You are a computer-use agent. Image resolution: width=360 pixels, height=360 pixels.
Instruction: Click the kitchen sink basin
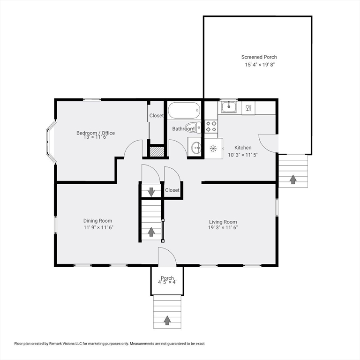coord(229,107)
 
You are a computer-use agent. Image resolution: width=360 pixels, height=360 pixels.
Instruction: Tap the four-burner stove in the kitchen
coord(211,126)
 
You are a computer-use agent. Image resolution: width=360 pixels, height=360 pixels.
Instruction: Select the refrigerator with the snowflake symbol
coord(213,149)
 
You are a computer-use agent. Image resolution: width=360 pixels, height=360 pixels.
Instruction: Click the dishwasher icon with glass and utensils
coord(248,108)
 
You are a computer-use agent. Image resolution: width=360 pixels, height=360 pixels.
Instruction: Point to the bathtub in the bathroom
coord(184,111)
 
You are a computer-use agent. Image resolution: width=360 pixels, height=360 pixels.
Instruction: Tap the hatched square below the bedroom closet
coord(156,151)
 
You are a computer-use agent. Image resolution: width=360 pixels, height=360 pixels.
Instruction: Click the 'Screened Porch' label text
coord(259,57)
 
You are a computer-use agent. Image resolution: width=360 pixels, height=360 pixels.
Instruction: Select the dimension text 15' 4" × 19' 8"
coord(259,65)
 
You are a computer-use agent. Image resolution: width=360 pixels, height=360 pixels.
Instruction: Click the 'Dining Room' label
coord(97,221)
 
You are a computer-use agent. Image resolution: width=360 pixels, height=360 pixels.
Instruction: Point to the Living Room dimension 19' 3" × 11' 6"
coord(223,227)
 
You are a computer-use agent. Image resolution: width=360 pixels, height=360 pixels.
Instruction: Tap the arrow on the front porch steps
coord(167,320)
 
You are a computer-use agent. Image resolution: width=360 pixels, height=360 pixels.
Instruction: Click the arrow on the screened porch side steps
coord(293,179)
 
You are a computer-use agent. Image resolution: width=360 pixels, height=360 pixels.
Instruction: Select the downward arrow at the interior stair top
coord(151,191)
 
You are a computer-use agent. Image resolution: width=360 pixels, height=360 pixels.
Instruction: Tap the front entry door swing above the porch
coord(166,257)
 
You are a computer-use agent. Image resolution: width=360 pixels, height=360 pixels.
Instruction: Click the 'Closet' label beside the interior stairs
coord(172,190)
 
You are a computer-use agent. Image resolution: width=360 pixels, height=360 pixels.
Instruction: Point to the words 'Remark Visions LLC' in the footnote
coord(69,344)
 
